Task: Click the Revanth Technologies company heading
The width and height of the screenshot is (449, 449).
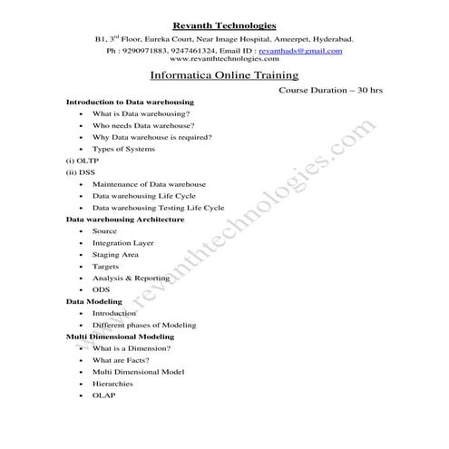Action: pyautogui.click(x=223, y=26)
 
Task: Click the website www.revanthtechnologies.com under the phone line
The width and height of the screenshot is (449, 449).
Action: pyautogui.click(x=223, y=59)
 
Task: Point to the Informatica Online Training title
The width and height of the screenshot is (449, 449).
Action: pyautogui.click(x=223, y=78)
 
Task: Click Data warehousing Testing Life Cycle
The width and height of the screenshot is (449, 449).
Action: pyautogui.click(x=158, y=208)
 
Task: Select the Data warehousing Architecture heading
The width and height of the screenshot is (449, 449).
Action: pyautogui.click(x=125, y=220)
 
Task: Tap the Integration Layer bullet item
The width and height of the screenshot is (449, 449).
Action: pyautogui.click(x=122, y=243)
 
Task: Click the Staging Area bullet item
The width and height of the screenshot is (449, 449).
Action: pyautogui.click(x=115, y=255)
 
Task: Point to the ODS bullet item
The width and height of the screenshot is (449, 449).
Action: pyautogui.click(x=101, y=289)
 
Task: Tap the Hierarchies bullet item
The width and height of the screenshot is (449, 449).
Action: pyautogui.click(x=112, y=384)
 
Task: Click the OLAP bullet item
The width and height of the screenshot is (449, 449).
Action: pyautogui.click(x=103, y=395)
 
